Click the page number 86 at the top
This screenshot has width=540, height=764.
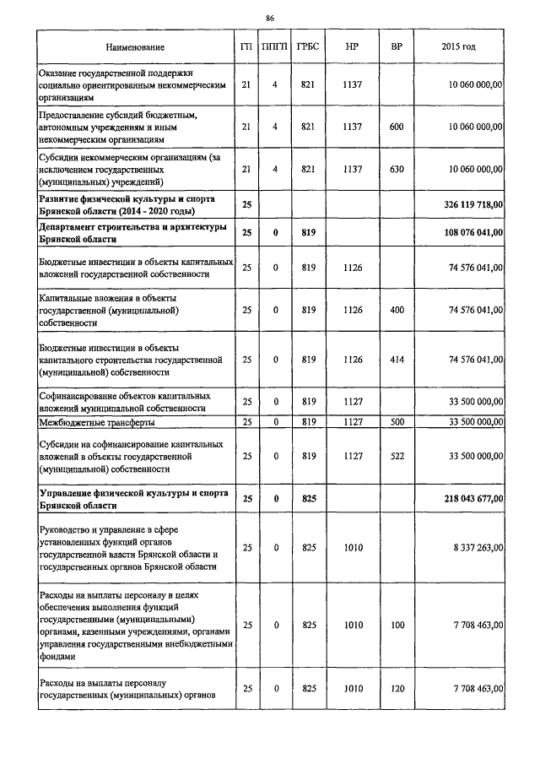tap(270, 18)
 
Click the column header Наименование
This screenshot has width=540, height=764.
tap(135, 46)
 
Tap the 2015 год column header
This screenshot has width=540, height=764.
tap(458, 46)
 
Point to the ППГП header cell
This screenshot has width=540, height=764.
tap(275, 46)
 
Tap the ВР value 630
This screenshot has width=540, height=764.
tap(396, 169)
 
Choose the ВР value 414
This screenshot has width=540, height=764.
tap(396, 360)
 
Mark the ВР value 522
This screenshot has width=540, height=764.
tap(396, 456)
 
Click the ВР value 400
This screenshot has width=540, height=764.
tap(396, 310)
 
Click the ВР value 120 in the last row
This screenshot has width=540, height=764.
tap(396, 689)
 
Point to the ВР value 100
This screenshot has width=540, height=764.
tap(396, 626)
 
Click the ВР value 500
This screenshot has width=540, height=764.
tap(396, 422)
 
